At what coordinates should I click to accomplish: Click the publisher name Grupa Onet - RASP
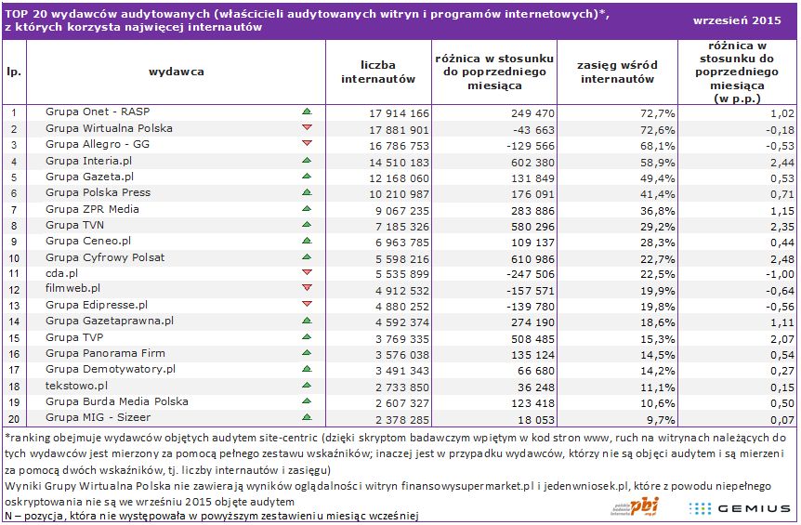(98, 112)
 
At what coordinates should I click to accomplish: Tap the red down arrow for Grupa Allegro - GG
(307, 143)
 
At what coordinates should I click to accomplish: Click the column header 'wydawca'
(177, 72)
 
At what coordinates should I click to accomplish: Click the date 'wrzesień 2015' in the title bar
(737, 20)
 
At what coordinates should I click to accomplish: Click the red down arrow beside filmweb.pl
(307, 288)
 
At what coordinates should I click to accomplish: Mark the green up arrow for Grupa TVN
(307, 224)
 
